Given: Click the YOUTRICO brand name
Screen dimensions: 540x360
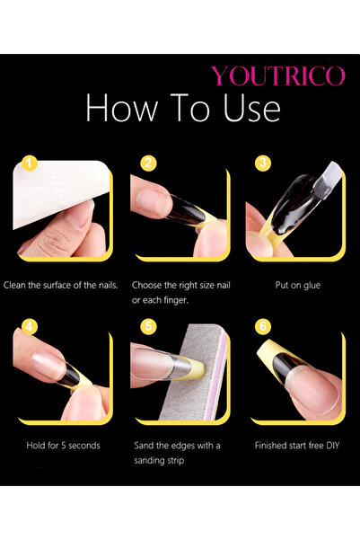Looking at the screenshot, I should pyautogui.click(x=277, y=75).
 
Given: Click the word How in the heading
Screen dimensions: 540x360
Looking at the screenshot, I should pyautogui.click(x=120, y=109).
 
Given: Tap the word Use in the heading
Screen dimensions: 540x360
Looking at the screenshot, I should pyautogui.click(x=247, y=109).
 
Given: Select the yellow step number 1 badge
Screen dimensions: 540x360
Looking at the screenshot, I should pyautogui.click(x=30, y=164).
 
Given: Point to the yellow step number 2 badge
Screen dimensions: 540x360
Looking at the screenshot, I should pyautogui.click(x=148, y=164).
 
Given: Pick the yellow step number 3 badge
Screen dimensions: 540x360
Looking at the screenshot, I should pyautogui.click(x=263, y=164).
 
